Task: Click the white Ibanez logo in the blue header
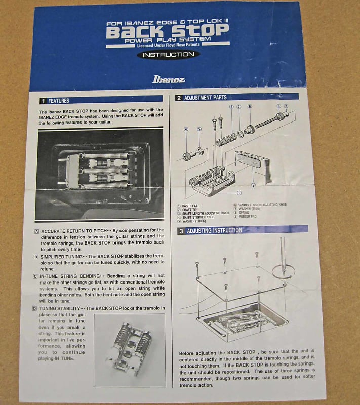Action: [x=169, y=79]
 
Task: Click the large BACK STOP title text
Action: [x=168, y=32]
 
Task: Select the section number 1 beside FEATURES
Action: [x=44, y=101]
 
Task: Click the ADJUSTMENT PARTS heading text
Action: [x=205, y=98]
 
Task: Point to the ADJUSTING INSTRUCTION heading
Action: [x=214, y=230]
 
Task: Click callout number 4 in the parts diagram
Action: [x=186, y=130]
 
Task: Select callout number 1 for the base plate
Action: [x=239, y=193]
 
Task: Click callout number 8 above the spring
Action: [x=231, y=107]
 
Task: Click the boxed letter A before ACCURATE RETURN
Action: [x=36, y=230]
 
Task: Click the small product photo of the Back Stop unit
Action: [x=129, y=344]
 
